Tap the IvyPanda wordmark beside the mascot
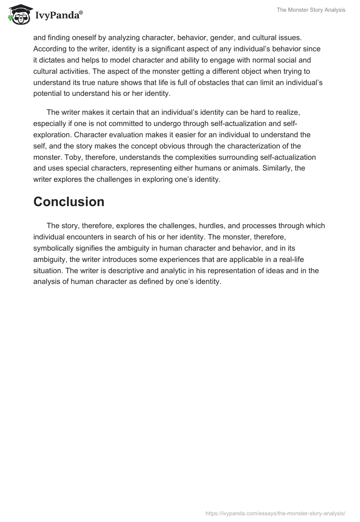coord(58,16)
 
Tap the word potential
coord(48,94)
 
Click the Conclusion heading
coord(69,202)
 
